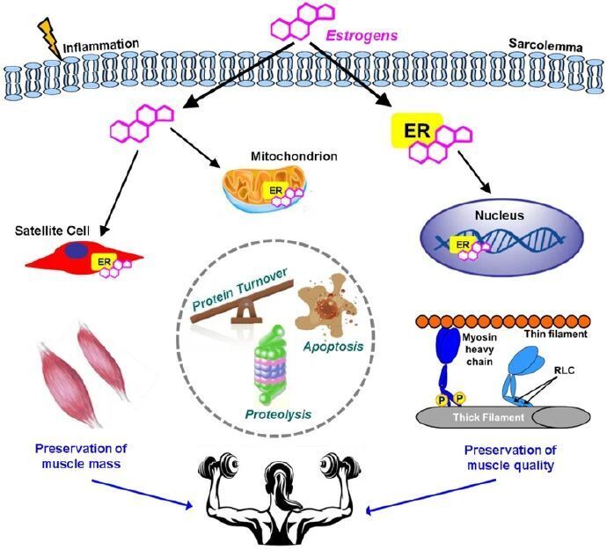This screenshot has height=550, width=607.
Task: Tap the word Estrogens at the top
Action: click(x=362, y=36)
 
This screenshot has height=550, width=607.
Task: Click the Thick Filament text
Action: click(x=475, y=416)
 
